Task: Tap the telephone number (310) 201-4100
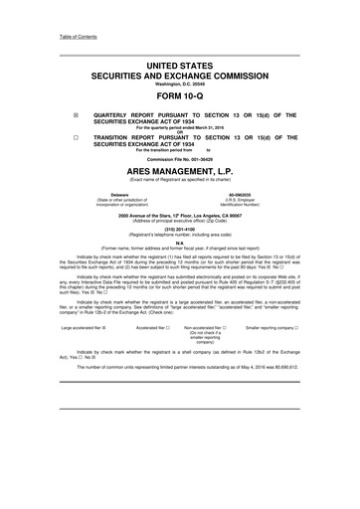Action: (179, 224)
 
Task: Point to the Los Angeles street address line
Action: (179, 213)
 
